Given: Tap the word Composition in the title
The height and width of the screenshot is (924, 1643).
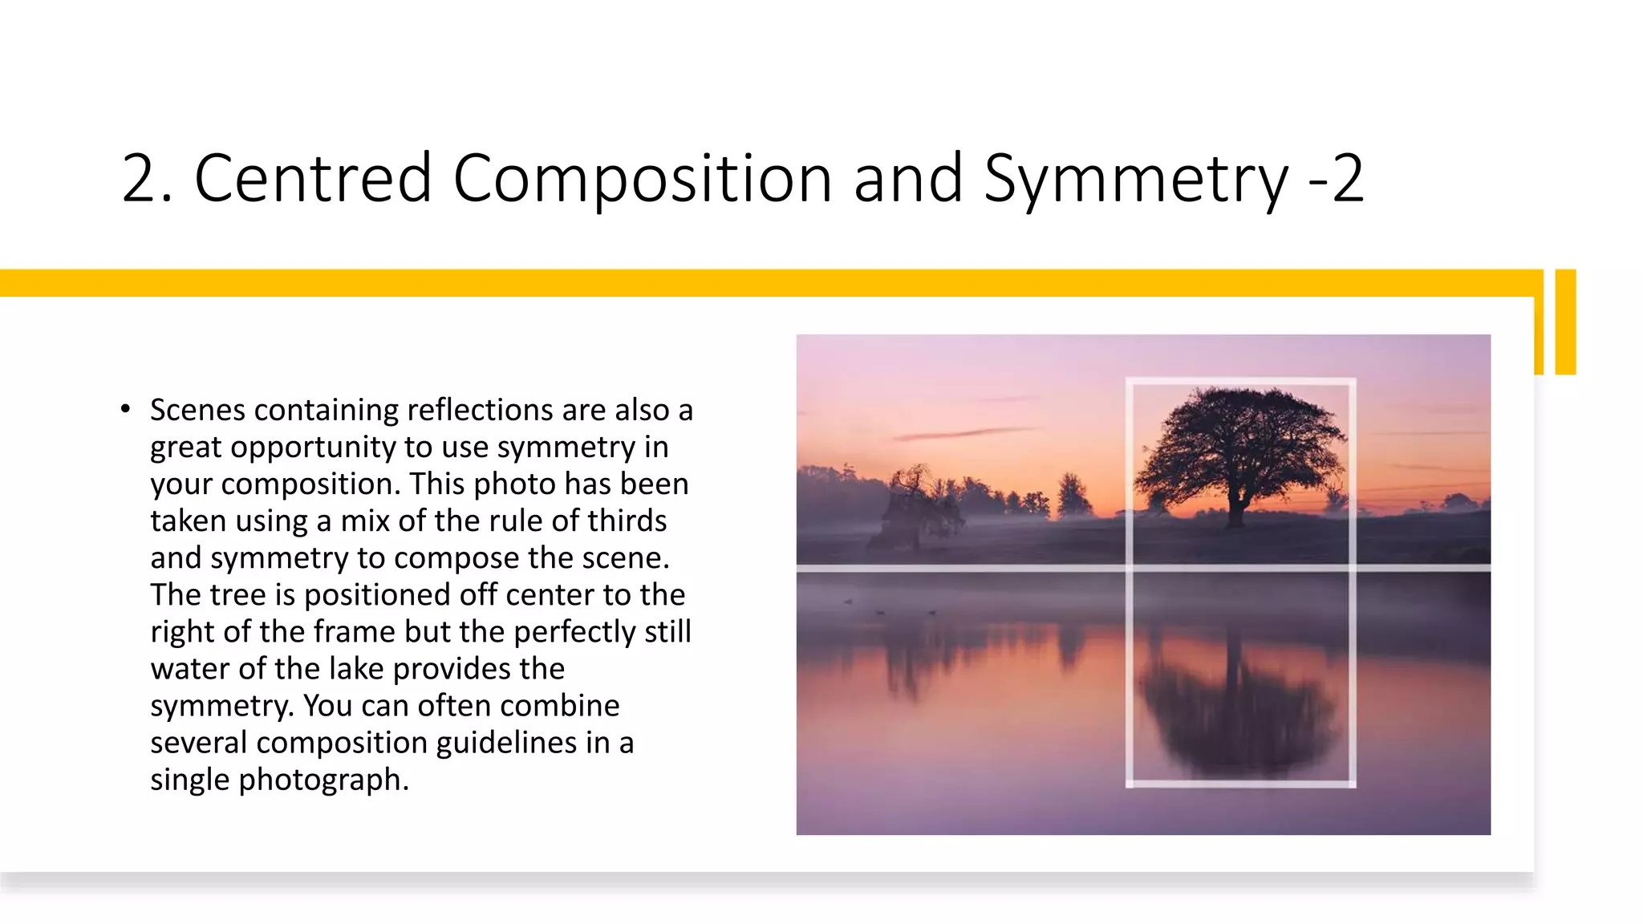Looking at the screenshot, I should coord(642,178).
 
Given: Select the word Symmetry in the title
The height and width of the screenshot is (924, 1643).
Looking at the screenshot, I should coord(1136,178).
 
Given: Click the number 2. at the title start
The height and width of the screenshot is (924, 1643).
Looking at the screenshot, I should coord(146,178).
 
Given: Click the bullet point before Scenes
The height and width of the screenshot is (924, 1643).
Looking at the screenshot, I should coord(125,410).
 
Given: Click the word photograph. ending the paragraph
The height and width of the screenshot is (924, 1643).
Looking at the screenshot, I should coord(323,780).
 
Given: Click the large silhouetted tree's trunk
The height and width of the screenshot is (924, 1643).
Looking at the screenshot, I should coord(1236,510).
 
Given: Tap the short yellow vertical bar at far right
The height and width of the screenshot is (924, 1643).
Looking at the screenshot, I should coord(1565,322).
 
